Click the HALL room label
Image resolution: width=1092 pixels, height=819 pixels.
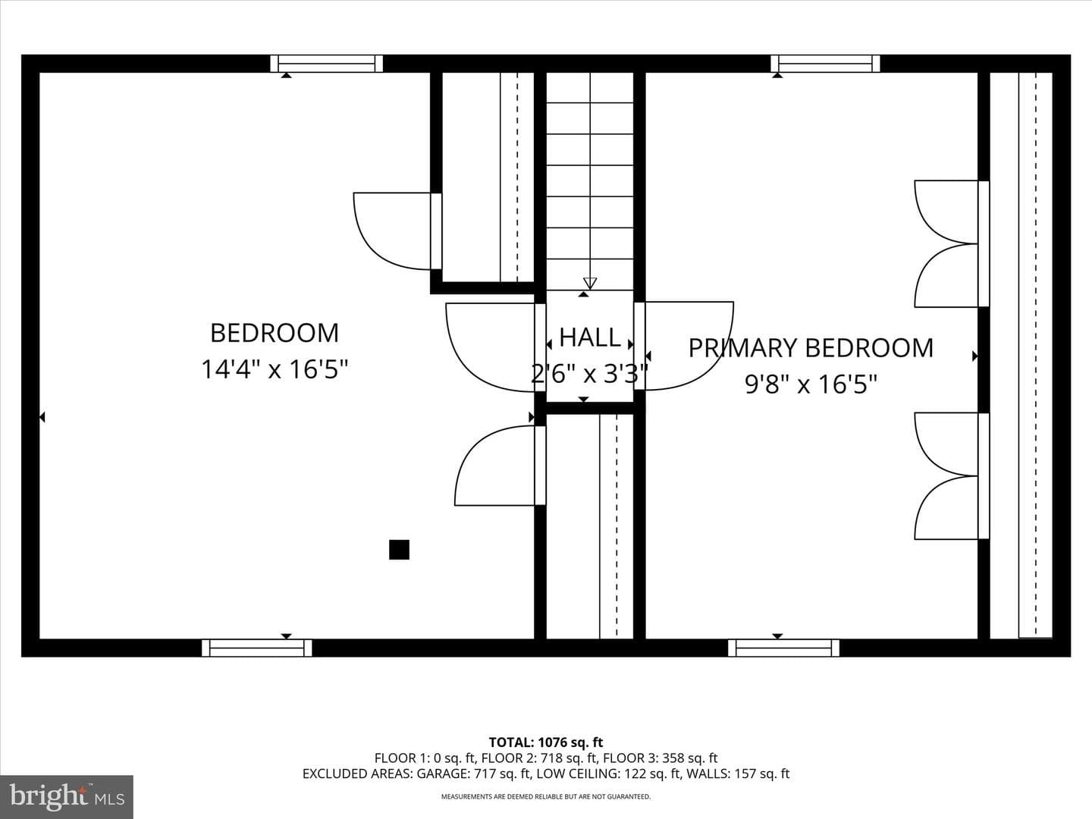tap(589, 337)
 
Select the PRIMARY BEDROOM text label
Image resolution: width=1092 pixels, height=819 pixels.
tap(811, 348)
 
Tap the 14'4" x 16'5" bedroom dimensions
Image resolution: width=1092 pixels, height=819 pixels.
tap(275, 369)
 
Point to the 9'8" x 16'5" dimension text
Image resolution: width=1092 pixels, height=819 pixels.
tap(811, 384)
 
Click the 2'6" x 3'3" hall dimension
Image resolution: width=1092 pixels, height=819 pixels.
tap(589, 373)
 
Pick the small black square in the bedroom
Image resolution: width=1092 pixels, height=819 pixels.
tap(399, 550)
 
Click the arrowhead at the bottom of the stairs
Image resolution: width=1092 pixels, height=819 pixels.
tap(589, 283)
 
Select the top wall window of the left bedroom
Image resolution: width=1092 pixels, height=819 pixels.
tap(326, 64)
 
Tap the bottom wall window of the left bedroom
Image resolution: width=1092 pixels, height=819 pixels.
tap(257, 648)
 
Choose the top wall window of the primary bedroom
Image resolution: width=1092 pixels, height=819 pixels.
tap(825, 64)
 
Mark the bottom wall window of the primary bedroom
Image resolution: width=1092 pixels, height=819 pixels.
tap(783, 648)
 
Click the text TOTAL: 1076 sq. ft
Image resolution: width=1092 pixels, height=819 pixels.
tap(546, 742)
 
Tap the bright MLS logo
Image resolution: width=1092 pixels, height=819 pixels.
tap(67, 797)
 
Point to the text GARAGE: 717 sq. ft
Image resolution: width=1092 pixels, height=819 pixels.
tap(473, 773)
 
